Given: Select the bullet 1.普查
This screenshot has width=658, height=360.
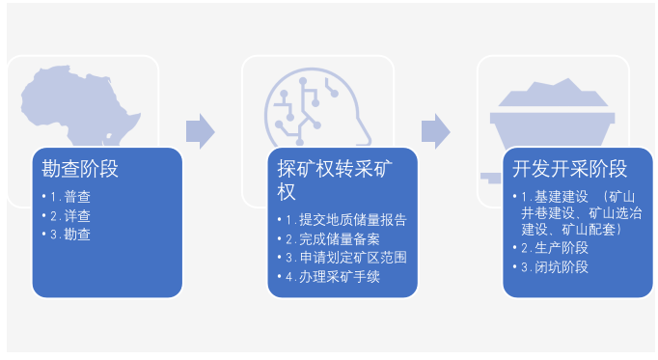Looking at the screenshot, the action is click(71, 198).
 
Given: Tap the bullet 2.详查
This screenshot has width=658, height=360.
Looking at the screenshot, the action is click(71, 215).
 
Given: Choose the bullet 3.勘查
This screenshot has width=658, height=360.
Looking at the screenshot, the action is click(71, 234).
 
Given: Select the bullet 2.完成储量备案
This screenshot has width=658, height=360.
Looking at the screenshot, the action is click(327, 238).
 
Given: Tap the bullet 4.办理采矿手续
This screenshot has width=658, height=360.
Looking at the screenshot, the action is click(327, 277).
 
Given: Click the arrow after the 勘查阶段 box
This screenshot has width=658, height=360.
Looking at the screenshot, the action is click(200, 129).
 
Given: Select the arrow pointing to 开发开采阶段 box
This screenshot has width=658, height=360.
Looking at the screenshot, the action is click(436, 129).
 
